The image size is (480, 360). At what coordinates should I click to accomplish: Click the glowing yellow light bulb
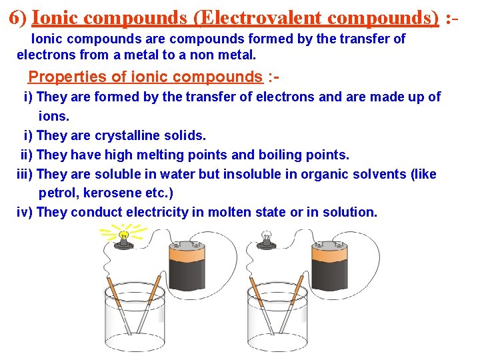click(x=123, y=236)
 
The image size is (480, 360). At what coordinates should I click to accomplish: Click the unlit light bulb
click(x=267, y=236)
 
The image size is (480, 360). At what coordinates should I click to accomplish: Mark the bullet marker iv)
click(x=25, y=213)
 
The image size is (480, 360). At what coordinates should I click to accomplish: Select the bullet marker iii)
click(x=25, y=175)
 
